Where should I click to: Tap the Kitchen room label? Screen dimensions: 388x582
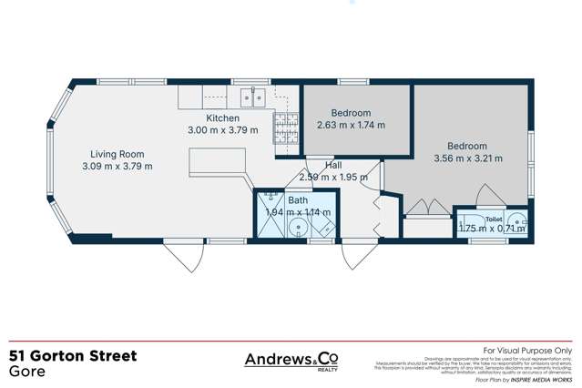222,118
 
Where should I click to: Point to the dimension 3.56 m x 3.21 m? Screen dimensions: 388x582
466,158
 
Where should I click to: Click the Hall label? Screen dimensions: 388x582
332,165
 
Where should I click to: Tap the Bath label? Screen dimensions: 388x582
298,200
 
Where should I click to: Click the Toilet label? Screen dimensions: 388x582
494,220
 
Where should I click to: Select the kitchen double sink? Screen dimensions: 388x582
251,95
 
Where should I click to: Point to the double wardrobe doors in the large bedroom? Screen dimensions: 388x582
422,209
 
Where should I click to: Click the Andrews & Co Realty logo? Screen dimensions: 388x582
291,361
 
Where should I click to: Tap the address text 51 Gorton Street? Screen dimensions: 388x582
73,356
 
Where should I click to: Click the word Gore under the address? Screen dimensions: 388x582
25,373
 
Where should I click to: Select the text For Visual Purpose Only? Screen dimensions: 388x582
526,350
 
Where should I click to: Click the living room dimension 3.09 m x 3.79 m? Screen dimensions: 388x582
117,166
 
